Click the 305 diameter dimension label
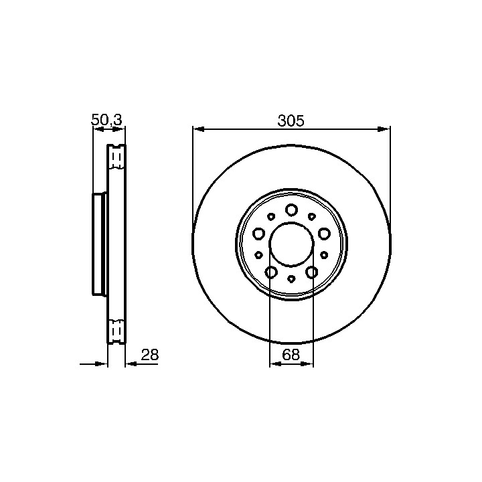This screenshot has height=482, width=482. pyautogui.click(x=291, y=120)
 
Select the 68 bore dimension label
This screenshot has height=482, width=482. pyautogui.click(x=291, y=355)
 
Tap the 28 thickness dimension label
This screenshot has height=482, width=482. pyautogui.click(x=150, y=355)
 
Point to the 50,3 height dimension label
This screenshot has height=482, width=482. pyautogui.click(x=106, y=120)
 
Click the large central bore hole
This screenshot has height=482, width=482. pyautogui.click(x=291, y=244)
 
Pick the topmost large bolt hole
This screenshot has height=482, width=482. pyautogui.click(x=291, y=210)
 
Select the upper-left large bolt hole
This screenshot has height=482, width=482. pyautogui.click(x=258, y=234)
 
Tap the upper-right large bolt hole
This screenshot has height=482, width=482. pyautogui.click(x=324, y=234)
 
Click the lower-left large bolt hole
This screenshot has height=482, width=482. pyautogui.click(x=271, y=272)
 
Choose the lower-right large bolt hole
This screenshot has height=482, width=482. pyautogui.click(x=312, y=272)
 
